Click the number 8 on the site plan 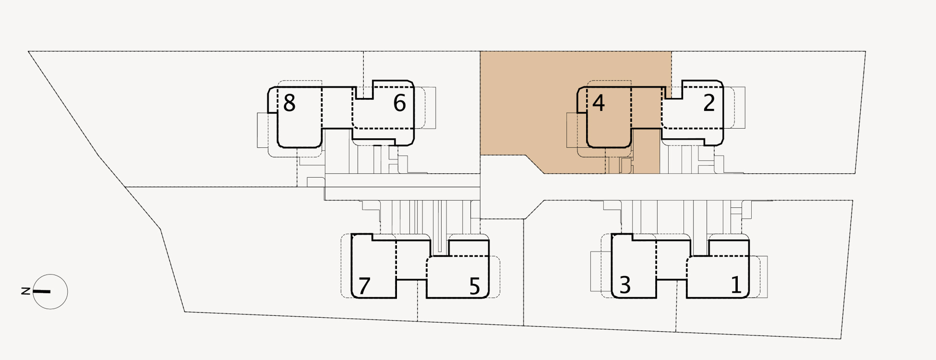[289, 103]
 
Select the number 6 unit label [399, 103]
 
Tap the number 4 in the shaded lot [598, 103]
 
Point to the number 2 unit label [709, 103]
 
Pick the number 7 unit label [364, 286]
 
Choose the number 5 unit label [474, 287]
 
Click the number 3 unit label [624, 285]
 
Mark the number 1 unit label [736, 285]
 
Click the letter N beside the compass [26, 291]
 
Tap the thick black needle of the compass [42, 291]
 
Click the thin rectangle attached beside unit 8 [262, 130]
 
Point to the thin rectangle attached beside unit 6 [431, 108]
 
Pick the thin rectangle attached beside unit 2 [740, 108]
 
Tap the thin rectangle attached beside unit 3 [596, 271]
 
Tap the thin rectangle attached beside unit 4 [572, 130]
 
